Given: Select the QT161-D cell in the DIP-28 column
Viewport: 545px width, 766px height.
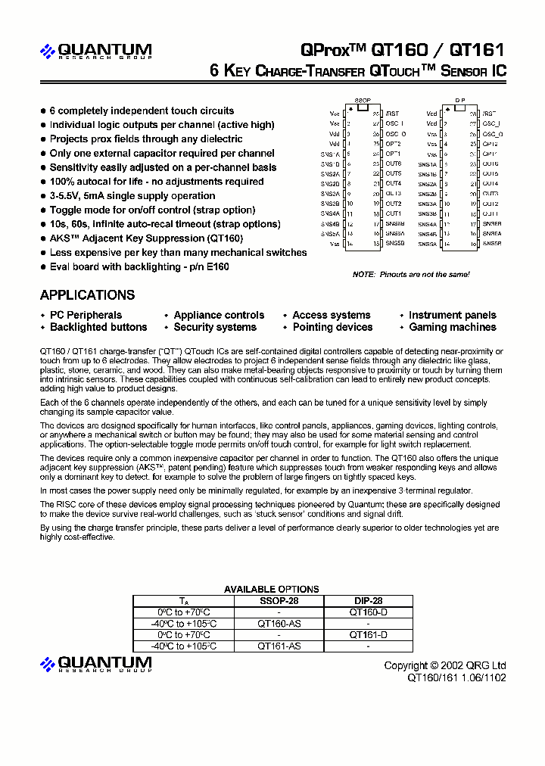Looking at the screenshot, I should point(368,635).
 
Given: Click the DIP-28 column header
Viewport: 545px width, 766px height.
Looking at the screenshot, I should point(368,600).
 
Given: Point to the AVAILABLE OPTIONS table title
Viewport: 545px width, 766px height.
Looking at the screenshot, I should point(271,589).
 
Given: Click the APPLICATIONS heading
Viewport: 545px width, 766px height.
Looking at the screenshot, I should point(87,295).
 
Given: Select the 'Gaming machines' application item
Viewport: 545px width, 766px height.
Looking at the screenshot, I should point(452,328).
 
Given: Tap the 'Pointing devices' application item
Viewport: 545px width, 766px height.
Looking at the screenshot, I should point(332,328).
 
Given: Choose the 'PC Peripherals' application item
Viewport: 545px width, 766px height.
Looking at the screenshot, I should point(86,316).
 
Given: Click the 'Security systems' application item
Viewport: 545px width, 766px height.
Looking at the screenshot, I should point(215,328).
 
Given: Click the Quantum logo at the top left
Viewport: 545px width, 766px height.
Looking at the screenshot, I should point(96,51).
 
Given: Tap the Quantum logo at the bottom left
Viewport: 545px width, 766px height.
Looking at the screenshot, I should point(96,664).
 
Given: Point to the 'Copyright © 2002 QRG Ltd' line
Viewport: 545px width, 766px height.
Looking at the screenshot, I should point(445,665).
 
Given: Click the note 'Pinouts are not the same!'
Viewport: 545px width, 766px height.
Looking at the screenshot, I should point(411,274).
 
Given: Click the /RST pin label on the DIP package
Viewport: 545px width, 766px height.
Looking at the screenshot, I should point(489,113).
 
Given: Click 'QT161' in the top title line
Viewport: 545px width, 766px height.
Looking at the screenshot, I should point(476,50).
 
